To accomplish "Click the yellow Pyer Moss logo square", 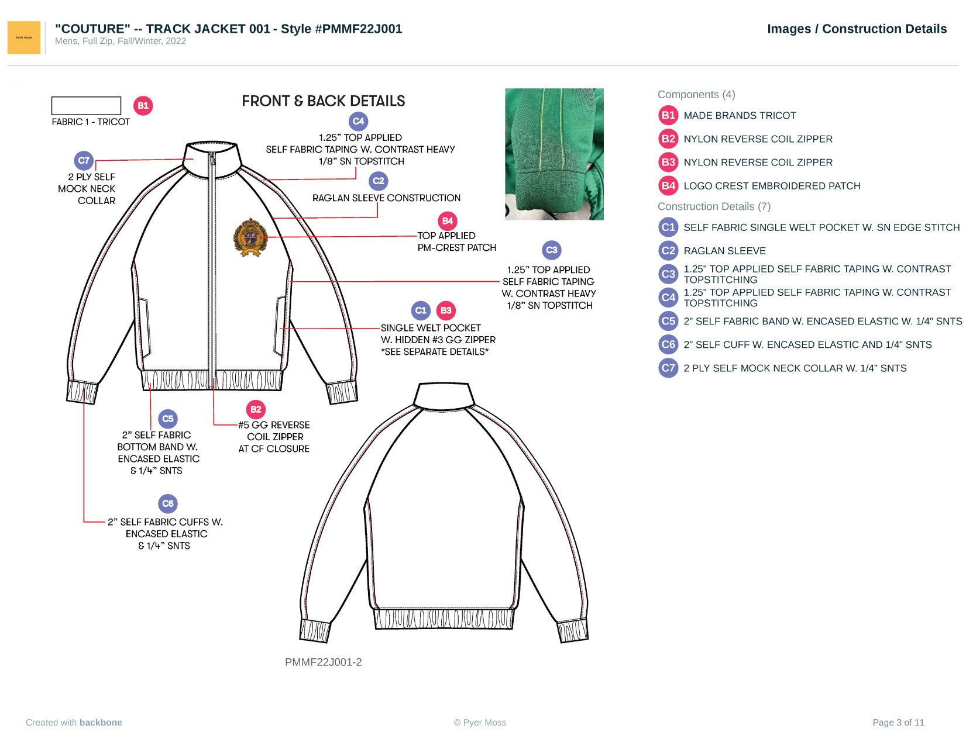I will (x=24, y=37).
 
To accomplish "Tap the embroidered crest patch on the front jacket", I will (x=250, y=237).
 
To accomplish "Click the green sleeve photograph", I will (x=554, y=154).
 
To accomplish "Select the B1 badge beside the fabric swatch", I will (x=143, y=106).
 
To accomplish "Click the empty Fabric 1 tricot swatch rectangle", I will (x=86, y=106).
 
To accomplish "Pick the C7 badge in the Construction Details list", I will (x=668, y=368).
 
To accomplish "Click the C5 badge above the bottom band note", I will (x=168, y=419).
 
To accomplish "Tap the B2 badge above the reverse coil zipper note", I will (x=256, y=409).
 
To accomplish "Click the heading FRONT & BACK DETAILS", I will (x=323, y=101).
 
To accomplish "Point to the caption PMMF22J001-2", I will (x=323, y=662).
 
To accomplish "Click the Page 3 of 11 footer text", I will (x=898, y=722).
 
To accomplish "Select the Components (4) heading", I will (x=696, y=95).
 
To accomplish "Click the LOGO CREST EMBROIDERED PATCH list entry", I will (x=772, y=186).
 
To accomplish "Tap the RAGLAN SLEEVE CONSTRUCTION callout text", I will (x=386, y=198).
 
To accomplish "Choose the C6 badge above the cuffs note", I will (x=168, y=503).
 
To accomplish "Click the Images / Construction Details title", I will (x=857, y=29).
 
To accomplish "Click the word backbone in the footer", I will (x=101, y=722).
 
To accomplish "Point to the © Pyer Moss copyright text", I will (x=480, y=722).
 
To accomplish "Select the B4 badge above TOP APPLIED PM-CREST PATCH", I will (x=448, y=221).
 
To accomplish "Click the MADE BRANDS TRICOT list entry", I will (x=740, y=116).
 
